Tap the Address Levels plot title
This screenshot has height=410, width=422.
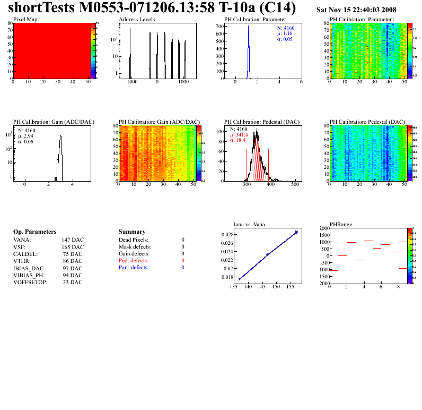[x=137, y=20]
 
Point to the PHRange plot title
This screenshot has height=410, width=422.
[x=341, y=224]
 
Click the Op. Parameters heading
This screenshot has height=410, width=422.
[x=34, y=232]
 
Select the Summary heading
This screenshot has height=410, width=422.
[x=132, y=232]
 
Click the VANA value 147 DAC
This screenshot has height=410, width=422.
[x=73, y=240]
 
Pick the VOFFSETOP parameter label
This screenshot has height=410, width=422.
[x=30, y=282]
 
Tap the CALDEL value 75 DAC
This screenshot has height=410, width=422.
[x=73, y=254]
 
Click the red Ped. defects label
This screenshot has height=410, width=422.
[x=134, y=261]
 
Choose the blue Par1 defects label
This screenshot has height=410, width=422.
[x=134, y=268]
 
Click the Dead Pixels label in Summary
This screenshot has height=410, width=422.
[x=134, y=240]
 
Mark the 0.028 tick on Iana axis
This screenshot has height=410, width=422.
[x=227, y=234]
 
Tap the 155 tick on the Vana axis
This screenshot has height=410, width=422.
[x=291, y=287]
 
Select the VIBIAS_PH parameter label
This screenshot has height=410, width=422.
[x=29, y=275]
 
